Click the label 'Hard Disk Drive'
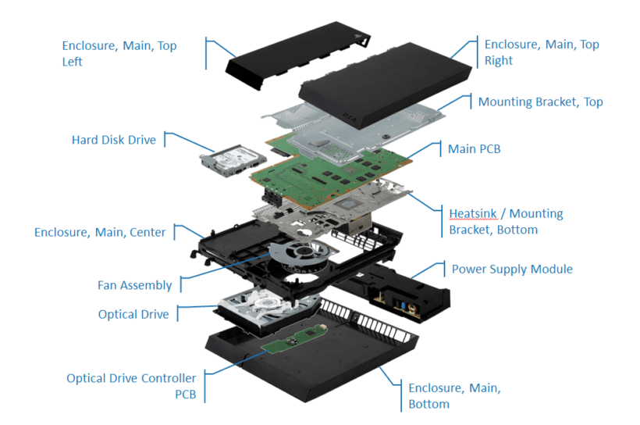pyautogui.click(x=113, y=140)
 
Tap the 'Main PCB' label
pyautogui.click(x=474, y=148)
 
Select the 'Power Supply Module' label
pyautogui.click(x=512, y=269)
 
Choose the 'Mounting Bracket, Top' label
pyautogui.click(x=540, y=102)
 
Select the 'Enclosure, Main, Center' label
pyautogui.click(x=100, y=232)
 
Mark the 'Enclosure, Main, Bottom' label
pyautogui.click(x=454, y=396)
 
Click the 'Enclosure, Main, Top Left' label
pyautogui.click(x=119, y=52)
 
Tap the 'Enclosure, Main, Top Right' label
pyautogui.click(x=541, y=52)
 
